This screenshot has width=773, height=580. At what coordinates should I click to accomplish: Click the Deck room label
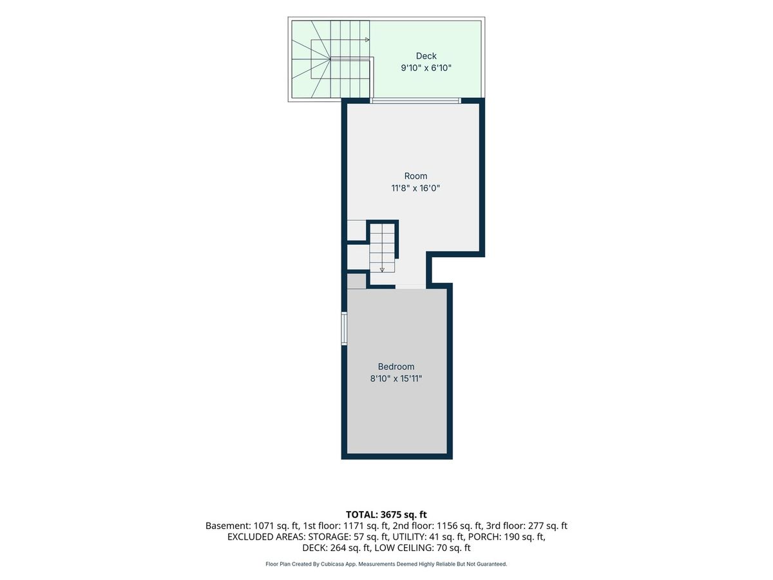click(x=426, y=56)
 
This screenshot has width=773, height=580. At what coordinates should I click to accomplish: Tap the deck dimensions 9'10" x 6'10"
click(x=426, y=68)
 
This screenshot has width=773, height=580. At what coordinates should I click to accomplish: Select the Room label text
click(x=415, y=176)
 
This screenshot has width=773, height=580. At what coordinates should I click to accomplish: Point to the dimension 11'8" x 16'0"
click(x=415, y=188)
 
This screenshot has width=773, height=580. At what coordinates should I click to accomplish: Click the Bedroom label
click(x=396, y=367)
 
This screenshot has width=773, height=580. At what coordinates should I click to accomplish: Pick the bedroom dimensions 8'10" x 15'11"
click(x=396, y=378)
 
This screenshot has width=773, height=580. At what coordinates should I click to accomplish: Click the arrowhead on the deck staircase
click(x=367, y=40)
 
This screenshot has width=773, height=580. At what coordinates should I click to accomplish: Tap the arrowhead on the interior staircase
click(x=382, y=270)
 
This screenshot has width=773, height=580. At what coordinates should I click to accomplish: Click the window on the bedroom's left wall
click(x=344, y=329)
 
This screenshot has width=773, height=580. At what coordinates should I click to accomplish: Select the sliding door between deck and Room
click(x=415, y=101)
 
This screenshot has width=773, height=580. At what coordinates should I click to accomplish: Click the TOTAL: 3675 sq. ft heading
click(x=386, y=514)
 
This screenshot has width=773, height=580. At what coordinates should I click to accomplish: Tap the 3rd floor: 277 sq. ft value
click(x=526, y=526)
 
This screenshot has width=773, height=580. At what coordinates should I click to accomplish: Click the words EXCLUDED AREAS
click(x=266, y=537)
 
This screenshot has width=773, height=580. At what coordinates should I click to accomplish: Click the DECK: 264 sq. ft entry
click(x=336, y=548)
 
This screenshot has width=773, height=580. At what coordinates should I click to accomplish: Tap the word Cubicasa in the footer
click(x=333, y=564)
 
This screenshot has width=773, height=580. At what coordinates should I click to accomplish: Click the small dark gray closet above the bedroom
click(x=356, y=282)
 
